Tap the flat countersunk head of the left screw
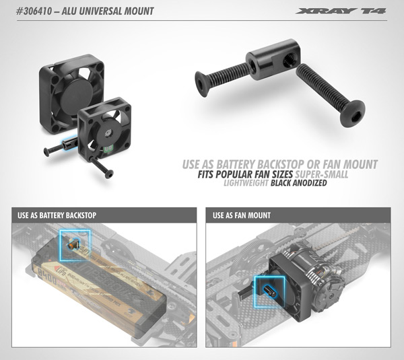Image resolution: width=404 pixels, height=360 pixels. (x=201, y=85)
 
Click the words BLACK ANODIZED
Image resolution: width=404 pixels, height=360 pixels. (x=294, y=182)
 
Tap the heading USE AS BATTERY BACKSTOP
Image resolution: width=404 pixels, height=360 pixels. (x=55, y=216)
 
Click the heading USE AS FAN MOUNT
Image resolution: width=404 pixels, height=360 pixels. (x=242, y=216)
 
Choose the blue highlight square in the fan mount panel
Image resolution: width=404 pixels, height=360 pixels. (x=268, y=291)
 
